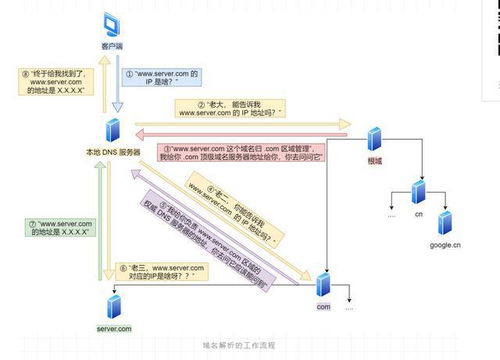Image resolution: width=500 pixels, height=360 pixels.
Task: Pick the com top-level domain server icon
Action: click(x=323, y=286)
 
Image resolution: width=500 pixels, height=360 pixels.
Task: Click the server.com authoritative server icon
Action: click(x=114, y=303)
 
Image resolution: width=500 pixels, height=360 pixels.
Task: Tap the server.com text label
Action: click(x=114, y=327)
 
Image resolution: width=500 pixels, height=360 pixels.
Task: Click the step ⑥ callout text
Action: click(x=166, y=270)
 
